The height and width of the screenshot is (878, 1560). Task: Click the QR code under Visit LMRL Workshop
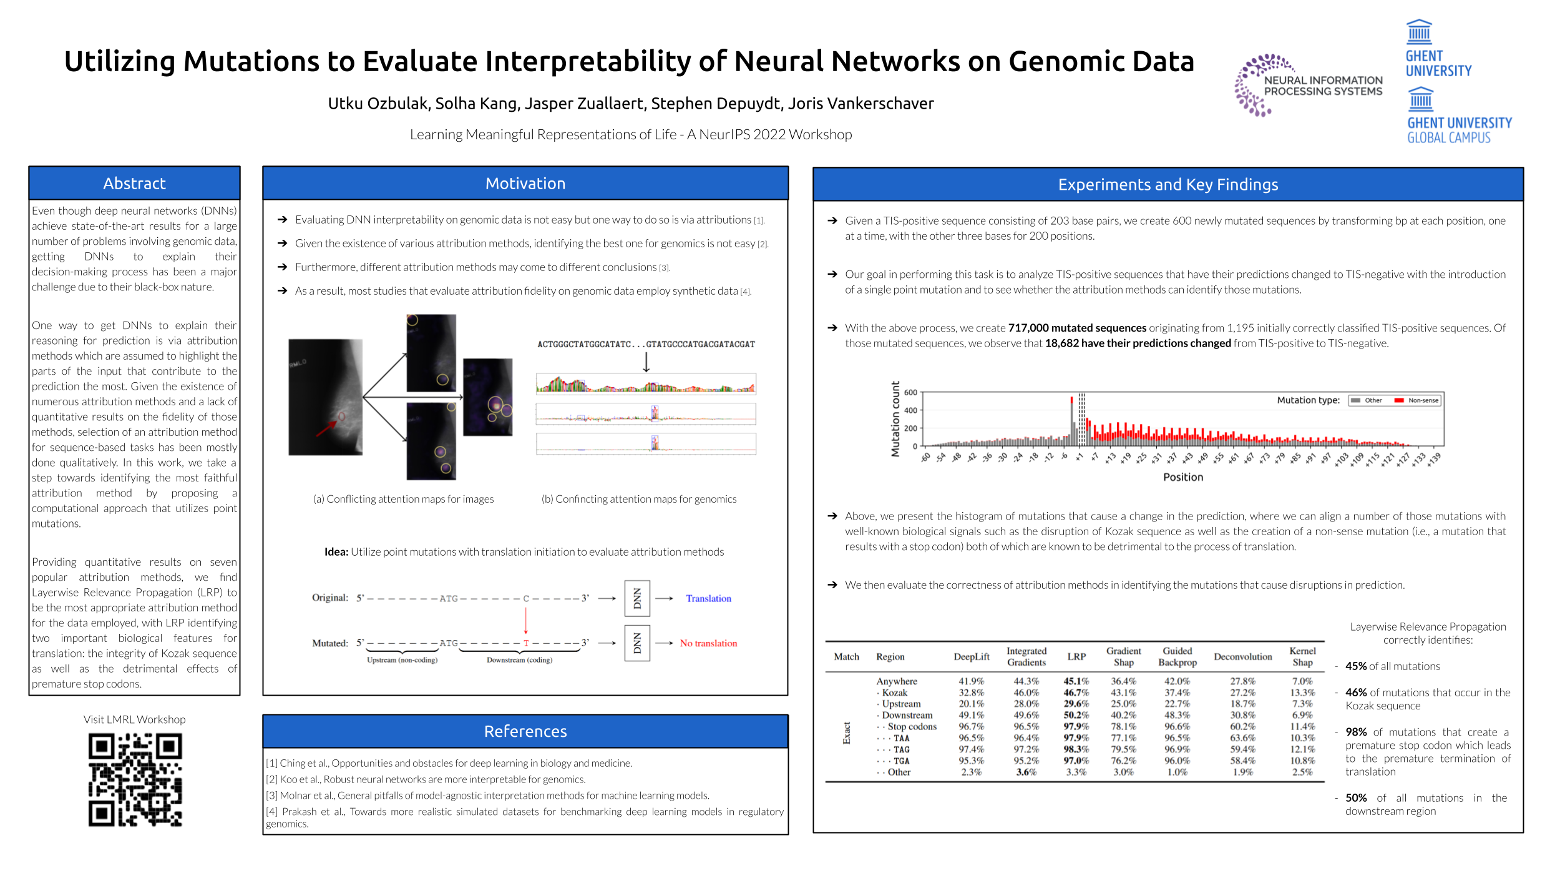(x=135, y=779)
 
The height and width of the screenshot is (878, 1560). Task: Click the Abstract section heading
(x=134, y=184)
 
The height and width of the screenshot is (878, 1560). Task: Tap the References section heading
(x=525, y=731)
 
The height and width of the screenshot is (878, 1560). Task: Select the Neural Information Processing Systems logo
(x=1308, y=86)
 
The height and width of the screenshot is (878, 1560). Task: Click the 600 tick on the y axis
(x=910, y=393)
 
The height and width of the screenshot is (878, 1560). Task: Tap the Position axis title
(x=1182, y=477)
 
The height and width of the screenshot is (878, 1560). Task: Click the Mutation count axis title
(x=895, y=419)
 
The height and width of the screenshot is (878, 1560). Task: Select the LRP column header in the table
(x=1076, y=656)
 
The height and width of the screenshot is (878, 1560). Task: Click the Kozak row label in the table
(x=894, y=693)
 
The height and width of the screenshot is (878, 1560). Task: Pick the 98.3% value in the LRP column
(x=1076, y=749)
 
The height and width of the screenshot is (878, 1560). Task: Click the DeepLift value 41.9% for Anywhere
(x=971, y=681)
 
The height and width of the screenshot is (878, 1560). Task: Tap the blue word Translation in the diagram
(x=708, y=598)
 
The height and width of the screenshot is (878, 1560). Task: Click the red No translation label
(x=708, y=643)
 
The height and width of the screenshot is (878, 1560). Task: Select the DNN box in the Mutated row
(x=637, y=643)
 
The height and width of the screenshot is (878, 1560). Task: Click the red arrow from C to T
(x=526, y=621)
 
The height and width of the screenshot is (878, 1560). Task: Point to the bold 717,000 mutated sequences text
(x=1077, y=328)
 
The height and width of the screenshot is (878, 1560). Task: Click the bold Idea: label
(x=336, y=552)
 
